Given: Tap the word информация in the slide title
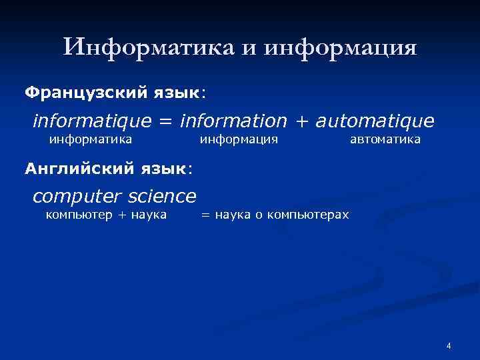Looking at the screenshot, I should pyautogui.click(x=341, y=47).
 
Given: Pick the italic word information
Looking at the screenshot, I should pyautogui.click(x=233, y=121).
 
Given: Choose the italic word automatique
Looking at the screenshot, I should pyautogui.click(x=375, y=121).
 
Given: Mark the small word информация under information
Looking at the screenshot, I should pyautogui.click(x=239, y=139).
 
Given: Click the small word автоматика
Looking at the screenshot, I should pyautogui.click(x=385, y=139).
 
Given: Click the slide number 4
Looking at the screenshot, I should pyautogui.click(x=449, y=345).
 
